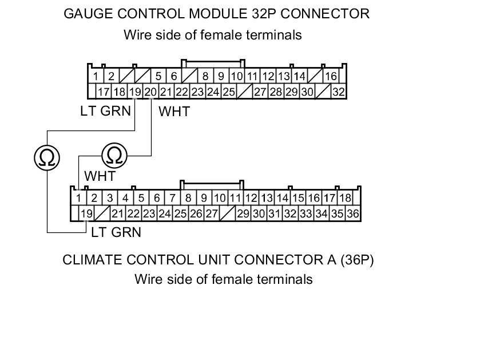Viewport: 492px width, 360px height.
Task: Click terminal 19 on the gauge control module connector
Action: pos(135,92)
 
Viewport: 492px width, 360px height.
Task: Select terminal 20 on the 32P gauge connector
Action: pos(150,92)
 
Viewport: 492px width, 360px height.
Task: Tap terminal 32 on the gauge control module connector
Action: pos(338,92)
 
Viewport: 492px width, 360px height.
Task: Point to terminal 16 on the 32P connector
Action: pos(331,76)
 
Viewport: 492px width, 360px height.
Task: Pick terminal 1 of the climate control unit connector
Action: pos(78,198)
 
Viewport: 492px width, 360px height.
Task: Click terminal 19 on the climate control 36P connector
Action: pos(86,214)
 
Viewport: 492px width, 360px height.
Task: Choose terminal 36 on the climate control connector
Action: pos(352,214)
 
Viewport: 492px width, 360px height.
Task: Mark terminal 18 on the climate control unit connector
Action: pos(345,198)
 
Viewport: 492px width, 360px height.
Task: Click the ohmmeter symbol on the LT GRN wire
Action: pos(46,156)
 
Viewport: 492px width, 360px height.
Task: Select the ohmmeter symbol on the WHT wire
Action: pos(115,155)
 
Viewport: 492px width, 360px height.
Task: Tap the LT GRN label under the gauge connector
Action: pos(105,111)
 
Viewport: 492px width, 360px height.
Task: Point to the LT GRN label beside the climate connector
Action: pos(116,232)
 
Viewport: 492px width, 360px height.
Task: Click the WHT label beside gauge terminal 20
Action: pos(173,112)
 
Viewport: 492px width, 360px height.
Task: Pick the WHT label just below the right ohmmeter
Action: pos(100,176)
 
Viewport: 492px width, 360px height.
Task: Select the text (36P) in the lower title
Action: pos(356,260)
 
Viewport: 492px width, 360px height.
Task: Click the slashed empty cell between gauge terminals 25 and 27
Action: pos(245,92)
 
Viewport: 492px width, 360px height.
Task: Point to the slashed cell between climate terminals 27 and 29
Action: pos(228,214)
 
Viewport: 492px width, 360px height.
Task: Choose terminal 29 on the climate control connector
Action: pos(243,214)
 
